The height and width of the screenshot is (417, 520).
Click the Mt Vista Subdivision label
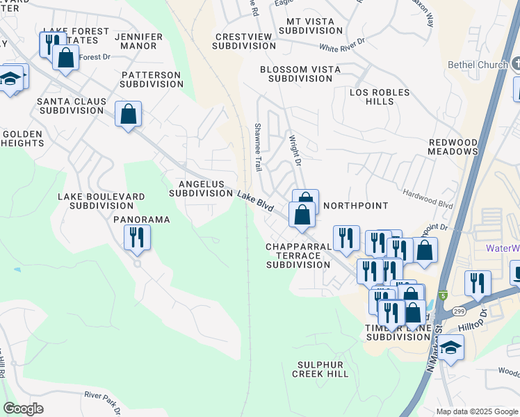click(x=309, y=26)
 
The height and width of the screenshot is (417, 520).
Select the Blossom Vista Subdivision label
click(x=300, y=74)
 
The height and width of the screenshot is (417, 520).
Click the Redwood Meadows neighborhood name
click(x=453, y=147)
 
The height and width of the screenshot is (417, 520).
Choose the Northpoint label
click(x=355, y=206)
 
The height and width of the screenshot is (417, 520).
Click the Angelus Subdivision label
click(x=202, y=188)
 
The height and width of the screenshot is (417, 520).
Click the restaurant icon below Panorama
click(x=137, y=238)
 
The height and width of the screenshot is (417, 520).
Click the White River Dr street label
click(x=342, y=48)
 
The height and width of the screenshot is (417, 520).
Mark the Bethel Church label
click(x=480, y=65)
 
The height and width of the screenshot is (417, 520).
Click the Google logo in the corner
click(x=23, y=409)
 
